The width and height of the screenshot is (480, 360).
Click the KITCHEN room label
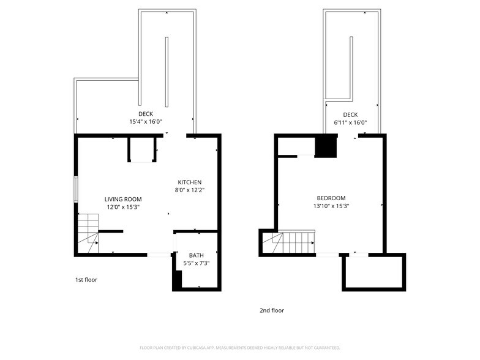190,182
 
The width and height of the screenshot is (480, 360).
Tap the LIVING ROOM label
123,199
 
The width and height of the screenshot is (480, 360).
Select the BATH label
197,255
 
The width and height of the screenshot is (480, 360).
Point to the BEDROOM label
331,198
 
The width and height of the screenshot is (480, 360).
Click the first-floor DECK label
146,114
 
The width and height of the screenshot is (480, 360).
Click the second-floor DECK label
350,114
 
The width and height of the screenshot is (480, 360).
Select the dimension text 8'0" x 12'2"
190,190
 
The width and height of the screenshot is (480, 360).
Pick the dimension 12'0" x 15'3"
123,207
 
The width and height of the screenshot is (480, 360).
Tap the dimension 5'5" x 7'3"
197,263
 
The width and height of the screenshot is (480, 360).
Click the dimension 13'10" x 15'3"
331,206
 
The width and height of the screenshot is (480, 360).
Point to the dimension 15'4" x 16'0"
146,122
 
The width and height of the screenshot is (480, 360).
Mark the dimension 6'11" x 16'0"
350,122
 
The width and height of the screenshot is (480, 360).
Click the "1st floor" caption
86,280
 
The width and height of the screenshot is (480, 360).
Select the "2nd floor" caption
272,310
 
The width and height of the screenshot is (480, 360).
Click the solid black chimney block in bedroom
326,147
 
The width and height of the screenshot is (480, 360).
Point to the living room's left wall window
76,189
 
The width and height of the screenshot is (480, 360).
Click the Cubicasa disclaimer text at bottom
239,347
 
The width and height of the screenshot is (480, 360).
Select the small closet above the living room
142,149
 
